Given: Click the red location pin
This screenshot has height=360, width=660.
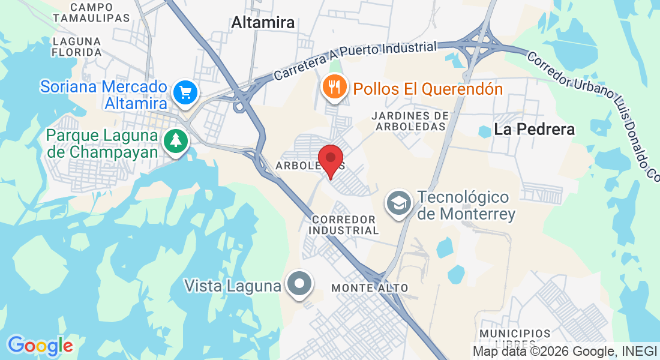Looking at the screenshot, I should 330,159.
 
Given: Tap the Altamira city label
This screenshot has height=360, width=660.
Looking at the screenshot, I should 263,23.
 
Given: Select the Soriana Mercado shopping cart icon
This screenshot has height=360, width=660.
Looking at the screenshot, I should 185,93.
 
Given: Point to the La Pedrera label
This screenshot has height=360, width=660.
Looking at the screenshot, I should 534,129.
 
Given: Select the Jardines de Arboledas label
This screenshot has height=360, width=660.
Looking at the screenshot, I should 410,121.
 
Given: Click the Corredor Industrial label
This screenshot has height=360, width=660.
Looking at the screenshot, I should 344,225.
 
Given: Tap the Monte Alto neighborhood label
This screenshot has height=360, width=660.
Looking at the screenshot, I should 370,288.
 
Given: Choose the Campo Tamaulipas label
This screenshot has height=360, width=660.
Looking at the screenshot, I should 91,12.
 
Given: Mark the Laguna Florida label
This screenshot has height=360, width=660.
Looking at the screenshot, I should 77,47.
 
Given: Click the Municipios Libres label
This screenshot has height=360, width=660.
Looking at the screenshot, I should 515,338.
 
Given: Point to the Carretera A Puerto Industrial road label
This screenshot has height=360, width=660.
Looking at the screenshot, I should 355,61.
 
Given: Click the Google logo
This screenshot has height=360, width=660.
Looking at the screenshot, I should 40,346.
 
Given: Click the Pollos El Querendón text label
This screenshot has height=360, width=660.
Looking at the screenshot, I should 428,89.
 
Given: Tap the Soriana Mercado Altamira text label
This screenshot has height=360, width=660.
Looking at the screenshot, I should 104,95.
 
